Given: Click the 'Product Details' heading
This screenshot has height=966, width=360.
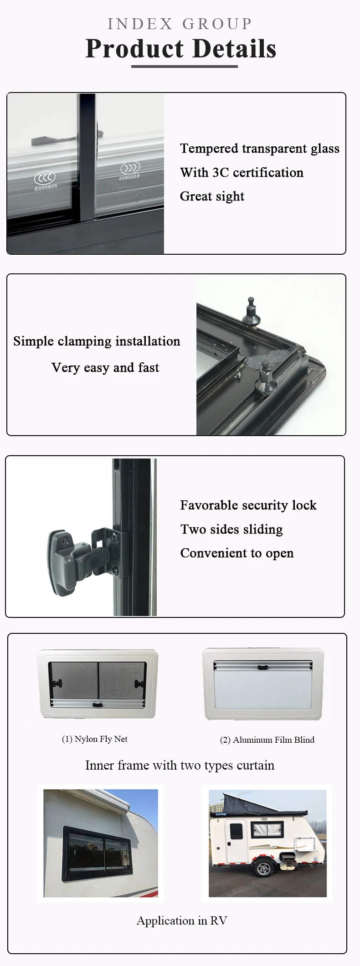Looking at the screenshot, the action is pos(181,49).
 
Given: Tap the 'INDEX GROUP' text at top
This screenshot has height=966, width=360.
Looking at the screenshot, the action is pos(180,24).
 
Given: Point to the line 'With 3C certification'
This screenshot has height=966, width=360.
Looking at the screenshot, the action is pos(242,173).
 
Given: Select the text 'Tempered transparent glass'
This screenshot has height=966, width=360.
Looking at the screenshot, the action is pos(260,149).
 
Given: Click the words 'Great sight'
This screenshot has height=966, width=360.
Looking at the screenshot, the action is pos(212,196).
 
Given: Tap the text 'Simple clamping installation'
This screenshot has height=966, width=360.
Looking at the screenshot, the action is pos(97,341).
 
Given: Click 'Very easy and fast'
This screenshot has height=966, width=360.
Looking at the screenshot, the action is pos(105,368).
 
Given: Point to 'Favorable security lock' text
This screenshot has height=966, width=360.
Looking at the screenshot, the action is pos(248,505).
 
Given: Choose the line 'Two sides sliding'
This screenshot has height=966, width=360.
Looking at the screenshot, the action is pos(231,529).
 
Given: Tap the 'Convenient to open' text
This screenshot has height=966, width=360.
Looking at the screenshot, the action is pos(237,553).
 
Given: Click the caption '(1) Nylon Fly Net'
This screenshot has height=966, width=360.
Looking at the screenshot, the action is pos(95,739).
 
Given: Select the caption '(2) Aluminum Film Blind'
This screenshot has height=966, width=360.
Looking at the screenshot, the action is pos(267,740).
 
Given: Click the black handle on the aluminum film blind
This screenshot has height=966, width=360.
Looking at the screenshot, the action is pos(262,668).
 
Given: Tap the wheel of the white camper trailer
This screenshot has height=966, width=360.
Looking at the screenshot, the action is pos(264,869).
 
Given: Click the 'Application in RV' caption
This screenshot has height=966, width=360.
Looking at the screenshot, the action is pos(182,921).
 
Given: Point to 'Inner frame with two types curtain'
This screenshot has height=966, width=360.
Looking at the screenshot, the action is pos(180,766).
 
